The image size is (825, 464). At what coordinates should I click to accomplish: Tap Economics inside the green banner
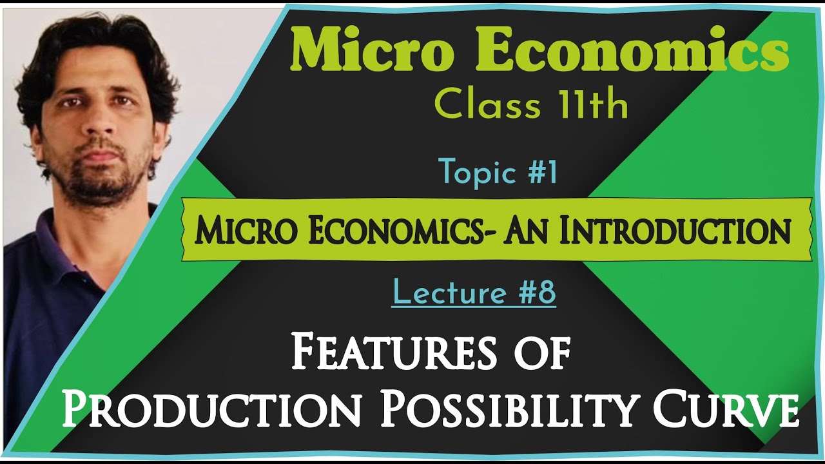pos(383,230)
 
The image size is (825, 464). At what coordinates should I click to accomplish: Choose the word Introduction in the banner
pos(674,230)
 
